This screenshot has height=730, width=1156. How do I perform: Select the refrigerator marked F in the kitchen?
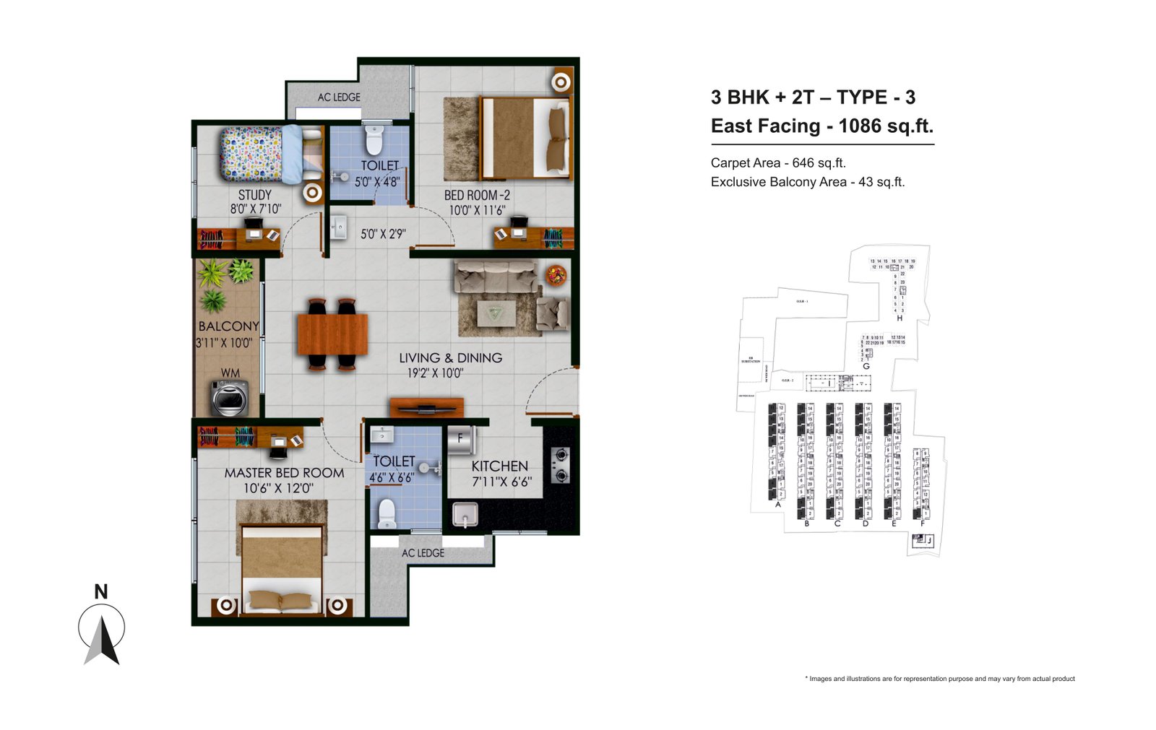click(461, 440)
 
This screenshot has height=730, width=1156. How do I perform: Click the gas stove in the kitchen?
click(561, 465)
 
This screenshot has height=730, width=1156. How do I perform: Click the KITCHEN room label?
click(500, 466)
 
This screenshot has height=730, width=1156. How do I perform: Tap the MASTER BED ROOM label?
click(284, 473)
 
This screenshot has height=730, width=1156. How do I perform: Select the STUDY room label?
click(255, 195)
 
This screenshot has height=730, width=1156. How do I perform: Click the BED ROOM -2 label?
click(477, 195)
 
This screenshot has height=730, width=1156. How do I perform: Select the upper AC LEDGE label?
click(339, 97)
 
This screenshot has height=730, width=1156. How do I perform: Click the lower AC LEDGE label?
click(423, 553)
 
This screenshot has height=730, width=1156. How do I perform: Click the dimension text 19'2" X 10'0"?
click(435, 373)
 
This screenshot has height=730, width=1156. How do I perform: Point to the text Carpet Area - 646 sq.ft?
click(778, 163)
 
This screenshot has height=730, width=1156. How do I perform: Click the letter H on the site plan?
click(900, 318)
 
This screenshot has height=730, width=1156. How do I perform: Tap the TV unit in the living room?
click(426, 407)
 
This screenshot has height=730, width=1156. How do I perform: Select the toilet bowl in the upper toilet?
click(374, 141)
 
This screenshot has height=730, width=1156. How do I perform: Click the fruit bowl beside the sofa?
click(556, 275)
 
